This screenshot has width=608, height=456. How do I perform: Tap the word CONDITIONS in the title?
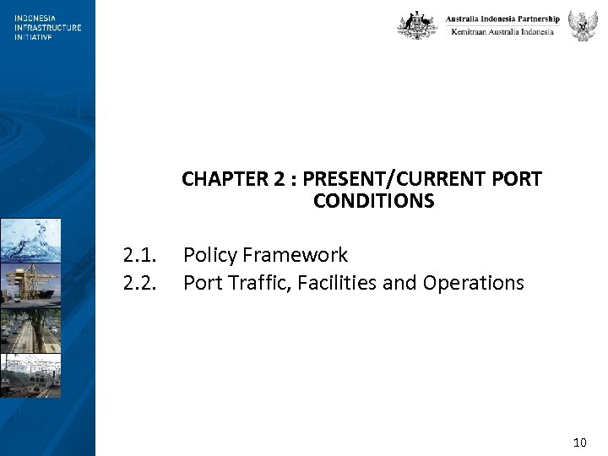click(373, 201)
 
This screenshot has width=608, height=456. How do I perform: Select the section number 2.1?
click(139, 255)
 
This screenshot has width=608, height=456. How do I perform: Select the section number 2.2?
click(139, 283)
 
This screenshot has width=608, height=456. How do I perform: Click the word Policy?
click(209, 255)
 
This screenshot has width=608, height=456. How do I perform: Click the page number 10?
click(579, 442)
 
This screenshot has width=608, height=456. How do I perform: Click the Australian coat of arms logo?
click(417, 25)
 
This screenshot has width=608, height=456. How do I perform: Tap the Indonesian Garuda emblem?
click(583, 25)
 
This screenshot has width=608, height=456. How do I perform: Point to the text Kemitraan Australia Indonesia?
click(502, 32)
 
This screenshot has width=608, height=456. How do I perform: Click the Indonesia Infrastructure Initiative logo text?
click(47, 27)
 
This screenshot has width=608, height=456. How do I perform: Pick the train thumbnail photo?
click(30, 376)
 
